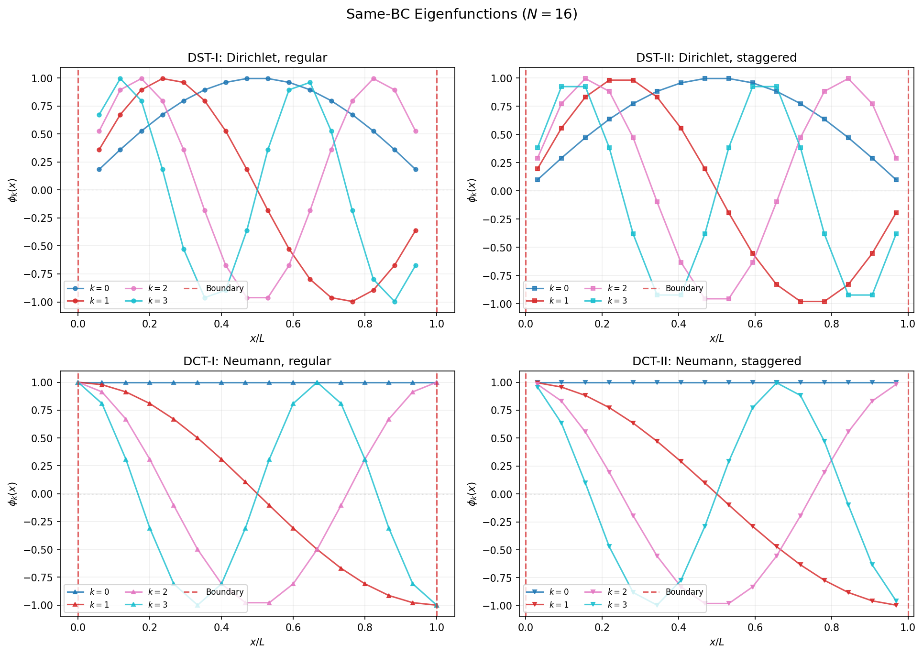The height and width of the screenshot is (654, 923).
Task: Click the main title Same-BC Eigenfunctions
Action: pos(461,14)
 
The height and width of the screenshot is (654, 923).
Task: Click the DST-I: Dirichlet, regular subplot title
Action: pos(257,58)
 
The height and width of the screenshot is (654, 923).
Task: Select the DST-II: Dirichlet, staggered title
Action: pos(716,58)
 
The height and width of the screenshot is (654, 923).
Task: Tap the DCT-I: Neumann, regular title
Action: pos(257,361)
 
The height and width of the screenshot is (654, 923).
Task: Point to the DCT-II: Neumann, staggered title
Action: pos(716,361)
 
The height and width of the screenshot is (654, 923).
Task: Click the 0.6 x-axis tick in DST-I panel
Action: pos(293,324)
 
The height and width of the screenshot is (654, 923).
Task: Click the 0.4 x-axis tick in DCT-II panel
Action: pos(678,627)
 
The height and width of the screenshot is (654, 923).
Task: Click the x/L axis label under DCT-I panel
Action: pos(257,642)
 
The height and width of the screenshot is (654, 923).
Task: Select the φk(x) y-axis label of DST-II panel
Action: pos(472,190)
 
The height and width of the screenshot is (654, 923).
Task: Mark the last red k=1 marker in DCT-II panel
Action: pos(896,605)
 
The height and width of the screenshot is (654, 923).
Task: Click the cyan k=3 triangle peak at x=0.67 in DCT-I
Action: pos(317,382)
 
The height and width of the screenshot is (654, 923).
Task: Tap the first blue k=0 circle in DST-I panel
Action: pos(99,169)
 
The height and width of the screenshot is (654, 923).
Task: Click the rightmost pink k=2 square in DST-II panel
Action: pos(896,158)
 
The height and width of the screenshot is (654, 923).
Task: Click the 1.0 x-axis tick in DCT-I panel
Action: pos(437,627)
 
